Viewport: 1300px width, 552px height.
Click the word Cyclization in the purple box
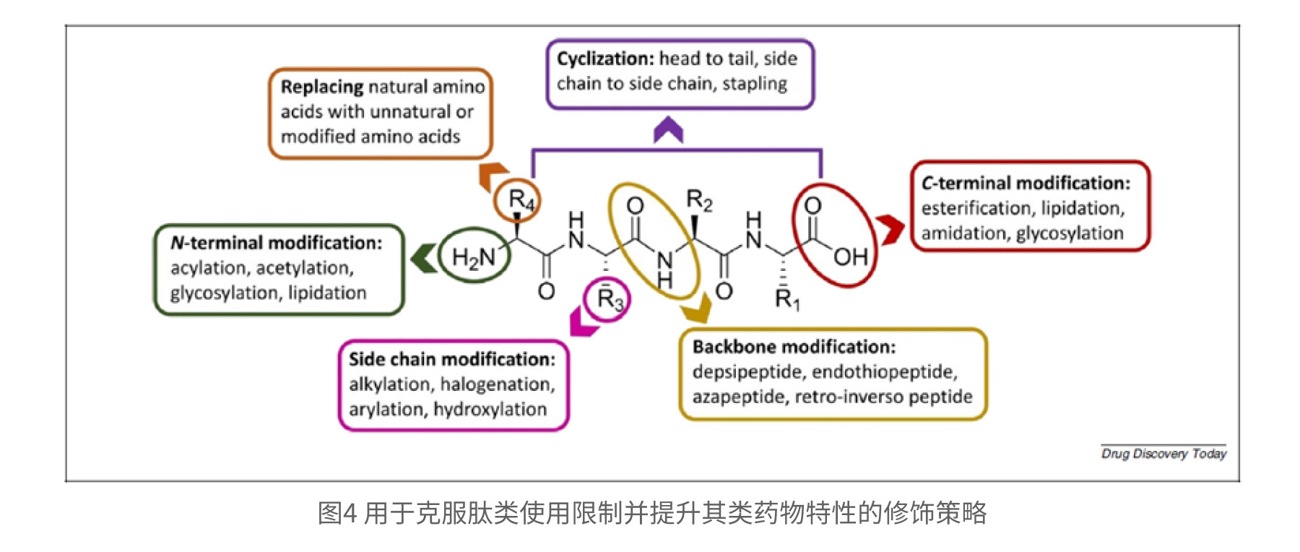pyautogui.click(x=604, y=59)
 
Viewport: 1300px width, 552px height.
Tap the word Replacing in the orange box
pyautogui.click(x=322, y=87)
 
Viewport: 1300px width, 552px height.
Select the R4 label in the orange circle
pyautogui.click(x=521, y=199)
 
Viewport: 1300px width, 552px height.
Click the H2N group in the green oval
pyautogui.click(x=473, y=257)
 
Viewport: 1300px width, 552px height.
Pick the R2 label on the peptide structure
pyautogui.click(x=698, y=200)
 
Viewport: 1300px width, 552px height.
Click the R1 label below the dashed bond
pyautogui.click(x=786, y=298)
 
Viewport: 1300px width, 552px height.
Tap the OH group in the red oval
pyautogui.click(x=850, y=256)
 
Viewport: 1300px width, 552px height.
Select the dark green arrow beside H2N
pyautogui.click(x=424, y=259)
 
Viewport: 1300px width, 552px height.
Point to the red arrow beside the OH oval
pyautogui.click(x=890, y=230)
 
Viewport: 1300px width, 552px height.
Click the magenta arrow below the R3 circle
pyautogui.click(x=583, y=322)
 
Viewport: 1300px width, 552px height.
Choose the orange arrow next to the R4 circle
pyautogui.click(x=493, y=176)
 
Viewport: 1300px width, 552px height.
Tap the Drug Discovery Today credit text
pyautogui.click(x=1163, y=454)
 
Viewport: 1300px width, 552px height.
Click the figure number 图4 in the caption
pyautogui.click(x=337, y=513)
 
